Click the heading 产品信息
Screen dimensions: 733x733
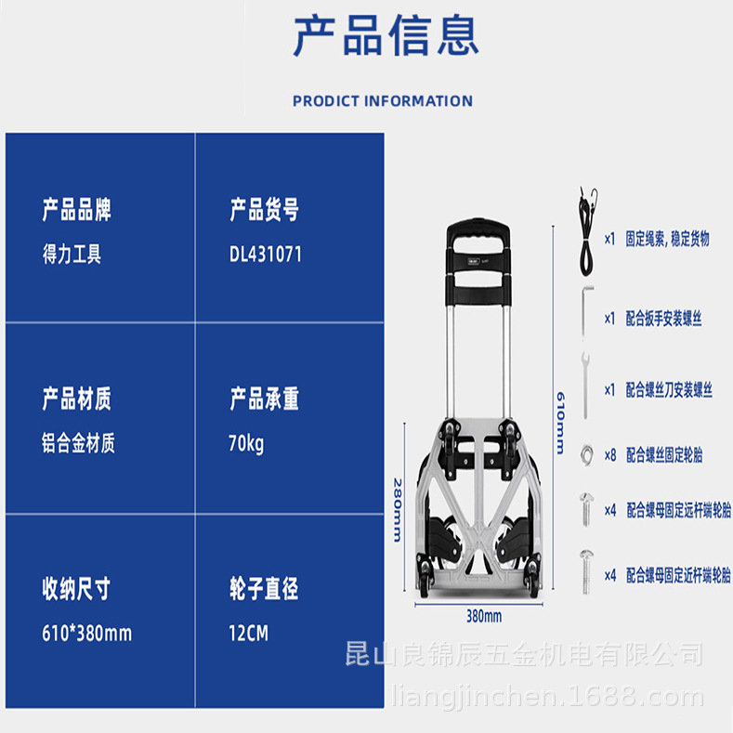click(x=386, y=37)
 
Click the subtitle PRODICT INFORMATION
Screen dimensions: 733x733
click(x=383, y=101)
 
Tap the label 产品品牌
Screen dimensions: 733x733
click(x=77, y=210)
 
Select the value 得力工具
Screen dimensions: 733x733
click(x=72, y=255)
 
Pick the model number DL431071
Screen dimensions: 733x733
click(x=265, y=255)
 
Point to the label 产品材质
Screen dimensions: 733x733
click(x=77, y=399)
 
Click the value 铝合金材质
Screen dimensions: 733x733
click(x=78, y=444)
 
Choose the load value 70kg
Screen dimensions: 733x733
click(x=246, y=444)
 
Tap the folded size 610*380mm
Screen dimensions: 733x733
click(x=87, y=634)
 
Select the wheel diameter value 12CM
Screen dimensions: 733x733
click(x=248, y=634)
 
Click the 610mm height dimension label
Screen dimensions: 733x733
click(x=559, y=420)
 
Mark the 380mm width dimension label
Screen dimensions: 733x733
click(x=483, y=616)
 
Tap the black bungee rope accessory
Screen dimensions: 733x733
click(x=585, y=237)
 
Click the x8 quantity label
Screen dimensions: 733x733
click(x=610, y=455)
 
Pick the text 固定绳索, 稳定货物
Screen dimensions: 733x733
click(x=667, y=239)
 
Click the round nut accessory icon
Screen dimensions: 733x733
click(x=586, y=453)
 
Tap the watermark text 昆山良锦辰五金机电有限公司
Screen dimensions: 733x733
click(x=524, y=654)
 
